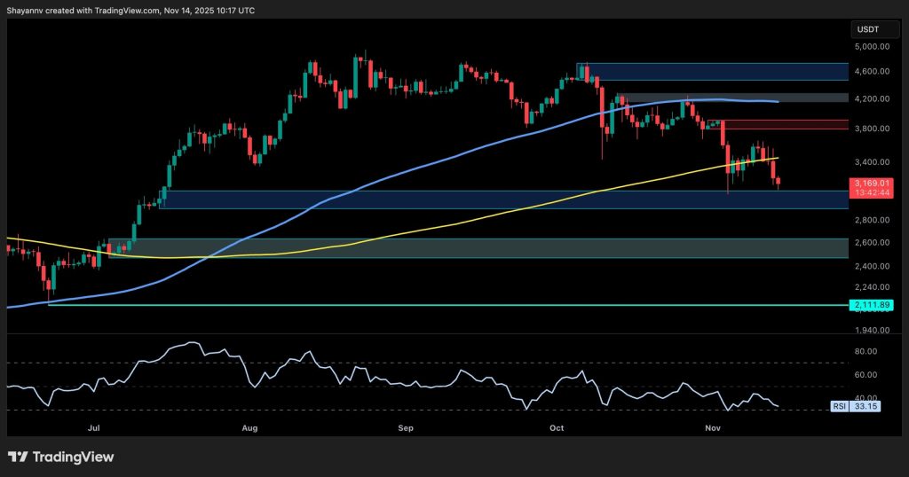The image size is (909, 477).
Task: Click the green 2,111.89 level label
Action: (x=871, y=305)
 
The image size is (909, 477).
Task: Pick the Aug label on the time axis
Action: (x=249, y=427)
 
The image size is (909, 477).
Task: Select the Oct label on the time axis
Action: (x=557, y=427)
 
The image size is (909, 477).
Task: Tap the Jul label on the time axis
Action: (x=94, y=427)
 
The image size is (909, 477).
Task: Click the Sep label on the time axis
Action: (x=406, y=427)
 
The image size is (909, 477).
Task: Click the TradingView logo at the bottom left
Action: (x=61, y=457)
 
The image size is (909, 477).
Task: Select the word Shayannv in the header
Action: (x=28, y=10)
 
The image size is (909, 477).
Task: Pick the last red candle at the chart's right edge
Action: (x=779, y=183)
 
